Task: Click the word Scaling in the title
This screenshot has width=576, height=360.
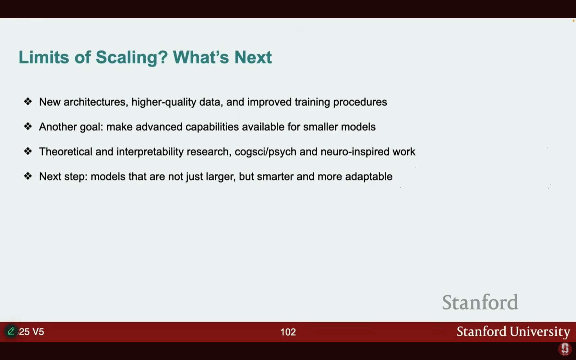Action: click(x=132, y=57)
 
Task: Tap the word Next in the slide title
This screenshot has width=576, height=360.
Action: click(x=253, y=57)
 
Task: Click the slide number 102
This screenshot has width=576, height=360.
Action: click(x=288, y=332)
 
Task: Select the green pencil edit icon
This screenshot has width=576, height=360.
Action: click(x=11, y=331)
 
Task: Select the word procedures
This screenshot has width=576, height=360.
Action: click(x=360, y=102)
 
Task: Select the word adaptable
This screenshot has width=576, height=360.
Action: click(x=369, y=177)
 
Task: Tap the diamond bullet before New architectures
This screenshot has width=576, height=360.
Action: click(x=28, y=101)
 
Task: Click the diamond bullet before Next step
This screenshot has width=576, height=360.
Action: click(x=28, y=176)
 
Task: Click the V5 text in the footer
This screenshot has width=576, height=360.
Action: click(x=38, y=332)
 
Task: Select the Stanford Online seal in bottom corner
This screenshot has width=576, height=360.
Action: click(x=565, y=349)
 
